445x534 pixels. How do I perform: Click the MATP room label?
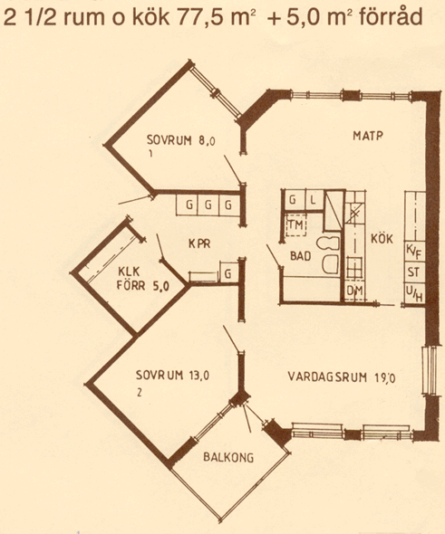368,136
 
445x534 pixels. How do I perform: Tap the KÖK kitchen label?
382,239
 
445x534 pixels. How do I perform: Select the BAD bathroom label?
300,256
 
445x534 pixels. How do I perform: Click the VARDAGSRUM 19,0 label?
342,377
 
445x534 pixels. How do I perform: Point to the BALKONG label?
228,457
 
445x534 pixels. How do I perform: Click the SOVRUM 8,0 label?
181,140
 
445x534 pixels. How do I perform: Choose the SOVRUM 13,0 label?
172,375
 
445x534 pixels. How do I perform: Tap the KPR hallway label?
199,243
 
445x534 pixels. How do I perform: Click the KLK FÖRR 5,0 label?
143,279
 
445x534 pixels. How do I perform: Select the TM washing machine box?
296,224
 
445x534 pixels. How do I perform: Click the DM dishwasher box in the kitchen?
354,291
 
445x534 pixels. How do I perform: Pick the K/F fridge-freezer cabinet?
414,252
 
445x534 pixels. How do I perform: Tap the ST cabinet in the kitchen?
414,272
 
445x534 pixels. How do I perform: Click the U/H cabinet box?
414,293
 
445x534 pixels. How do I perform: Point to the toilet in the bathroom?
328,243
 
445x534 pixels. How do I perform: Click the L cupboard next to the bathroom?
314,199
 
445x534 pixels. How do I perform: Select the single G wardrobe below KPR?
228,272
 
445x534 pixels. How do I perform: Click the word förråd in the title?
392,17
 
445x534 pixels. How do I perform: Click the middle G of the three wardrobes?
208,205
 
